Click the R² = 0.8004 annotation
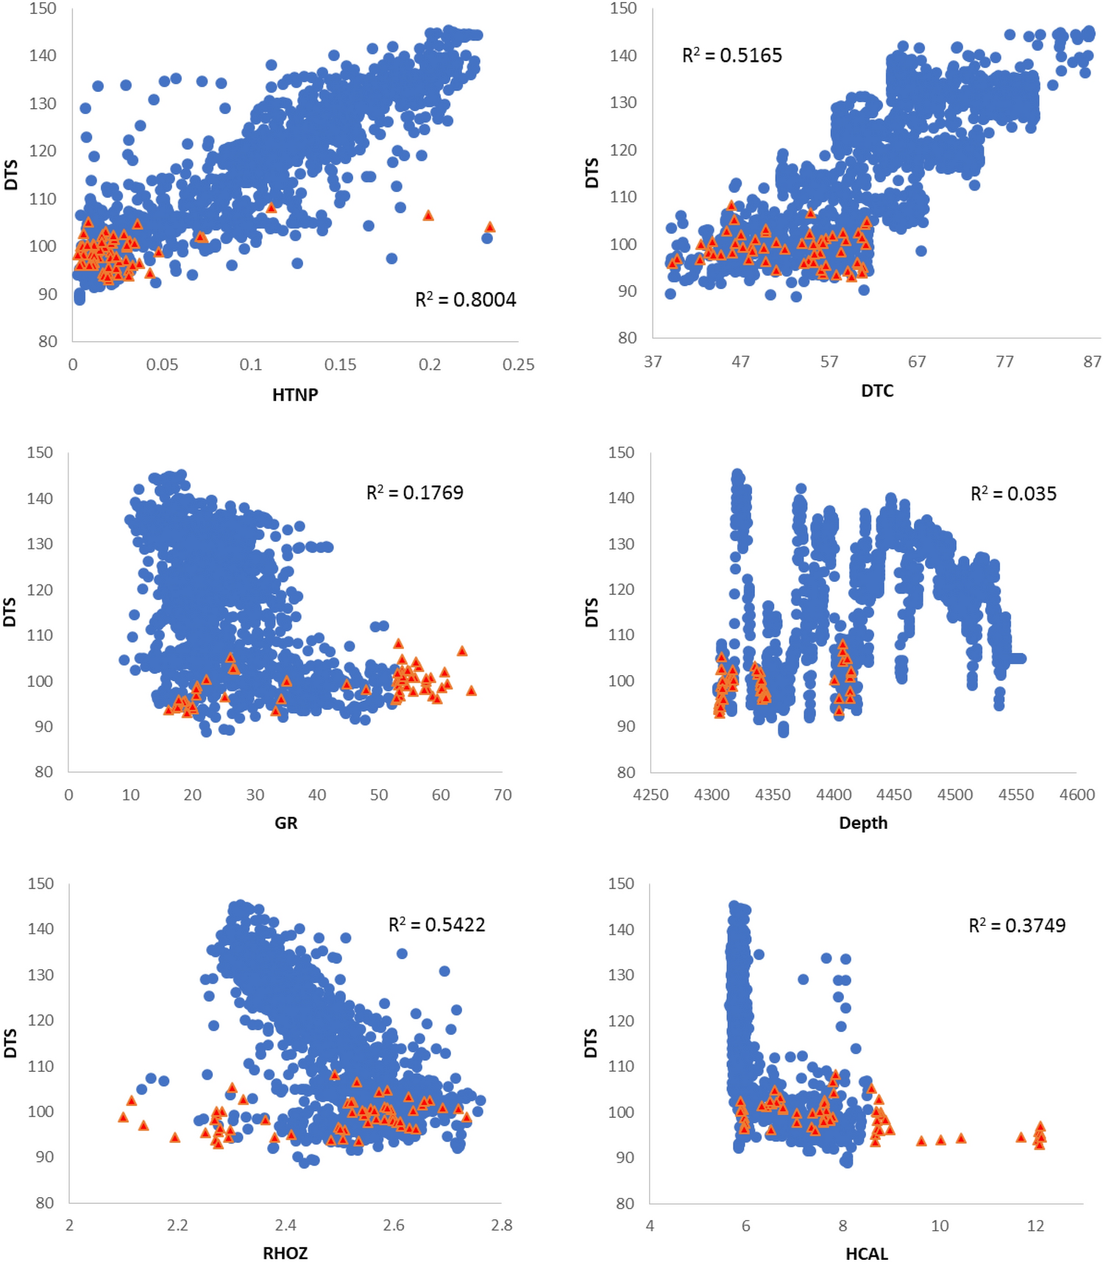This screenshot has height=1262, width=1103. coord(466,299)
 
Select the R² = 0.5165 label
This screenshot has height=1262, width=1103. coord(731,55)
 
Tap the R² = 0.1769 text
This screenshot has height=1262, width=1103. coord(415,492)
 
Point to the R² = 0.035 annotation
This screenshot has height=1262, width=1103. coord(1013,493)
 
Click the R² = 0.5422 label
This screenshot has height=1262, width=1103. coord(436,924)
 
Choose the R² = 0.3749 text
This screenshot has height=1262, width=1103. coord(1017,925)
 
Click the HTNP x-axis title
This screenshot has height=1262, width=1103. coord(295,395)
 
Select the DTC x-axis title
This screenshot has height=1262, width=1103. coord(877,391)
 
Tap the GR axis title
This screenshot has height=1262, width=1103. coord(285,823)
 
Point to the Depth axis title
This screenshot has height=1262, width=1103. coord(863,823)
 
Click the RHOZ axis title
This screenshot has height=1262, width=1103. coord(285,1253)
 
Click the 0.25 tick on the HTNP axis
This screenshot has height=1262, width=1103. coord(518,365)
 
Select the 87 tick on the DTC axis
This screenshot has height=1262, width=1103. coord(1092,361)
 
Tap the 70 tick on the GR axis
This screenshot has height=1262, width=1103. coord(503,795)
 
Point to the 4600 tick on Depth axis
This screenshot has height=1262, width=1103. coord(1077,795)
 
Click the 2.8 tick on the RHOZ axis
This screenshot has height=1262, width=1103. coord(502,1225)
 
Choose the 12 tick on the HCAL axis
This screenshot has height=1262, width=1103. coord(1035,1226)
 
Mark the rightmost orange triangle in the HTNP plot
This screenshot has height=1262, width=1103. coord(490,227)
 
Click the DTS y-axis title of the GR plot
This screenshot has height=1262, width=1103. coord(10,612)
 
